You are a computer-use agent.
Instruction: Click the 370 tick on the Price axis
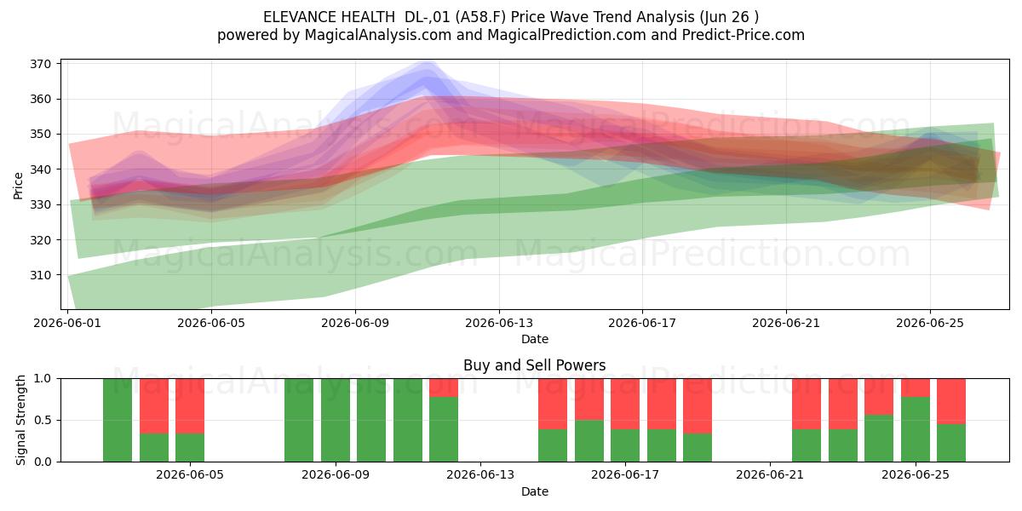[40, 64]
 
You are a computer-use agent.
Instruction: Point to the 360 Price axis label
[40, 99]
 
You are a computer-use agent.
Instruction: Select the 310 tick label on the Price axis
[40, 275]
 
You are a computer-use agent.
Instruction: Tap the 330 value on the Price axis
[40, 205]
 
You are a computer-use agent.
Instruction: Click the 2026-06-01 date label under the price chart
[67, 323]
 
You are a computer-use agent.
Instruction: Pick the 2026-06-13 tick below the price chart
[499, 323]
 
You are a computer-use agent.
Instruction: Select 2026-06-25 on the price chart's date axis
[930, 323]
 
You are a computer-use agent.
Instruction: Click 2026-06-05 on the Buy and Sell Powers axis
[190, 475]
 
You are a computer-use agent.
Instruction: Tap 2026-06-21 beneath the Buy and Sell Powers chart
[770, 475]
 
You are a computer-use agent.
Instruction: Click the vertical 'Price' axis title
[18, 186]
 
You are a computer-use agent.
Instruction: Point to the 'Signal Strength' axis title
[20, 420]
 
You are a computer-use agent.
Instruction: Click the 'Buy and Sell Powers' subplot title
[535, 365]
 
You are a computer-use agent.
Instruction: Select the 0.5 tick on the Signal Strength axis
[43, 420]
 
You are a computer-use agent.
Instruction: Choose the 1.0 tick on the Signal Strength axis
[43, 379]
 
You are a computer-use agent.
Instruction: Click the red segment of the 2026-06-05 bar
[190, 405]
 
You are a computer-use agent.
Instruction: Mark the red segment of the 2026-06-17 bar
[625, 404]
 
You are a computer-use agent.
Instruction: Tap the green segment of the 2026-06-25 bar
[916, 429]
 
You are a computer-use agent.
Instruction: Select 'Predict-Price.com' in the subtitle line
[744, 35]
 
